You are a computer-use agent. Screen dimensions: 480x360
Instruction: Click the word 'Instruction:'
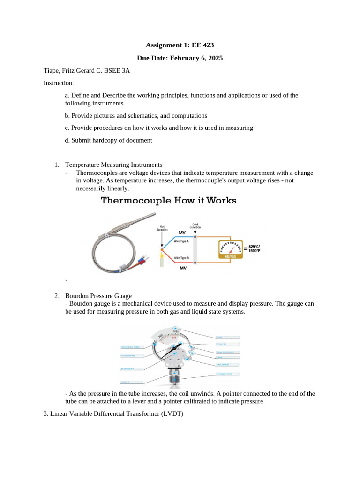59,83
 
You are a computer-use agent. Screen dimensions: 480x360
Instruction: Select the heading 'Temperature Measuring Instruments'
113,165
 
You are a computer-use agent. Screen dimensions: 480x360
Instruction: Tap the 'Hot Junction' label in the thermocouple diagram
162,228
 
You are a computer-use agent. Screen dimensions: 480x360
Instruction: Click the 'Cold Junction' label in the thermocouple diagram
195,226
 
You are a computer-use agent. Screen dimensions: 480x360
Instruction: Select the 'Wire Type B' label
181,258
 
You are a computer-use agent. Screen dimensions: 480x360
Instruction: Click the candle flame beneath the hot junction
162,256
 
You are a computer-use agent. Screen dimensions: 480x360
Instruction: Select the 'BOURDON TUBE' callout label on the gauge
131,347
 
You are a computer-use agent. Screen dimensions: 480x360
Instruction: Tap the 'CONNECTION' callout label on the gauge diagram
227,374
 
